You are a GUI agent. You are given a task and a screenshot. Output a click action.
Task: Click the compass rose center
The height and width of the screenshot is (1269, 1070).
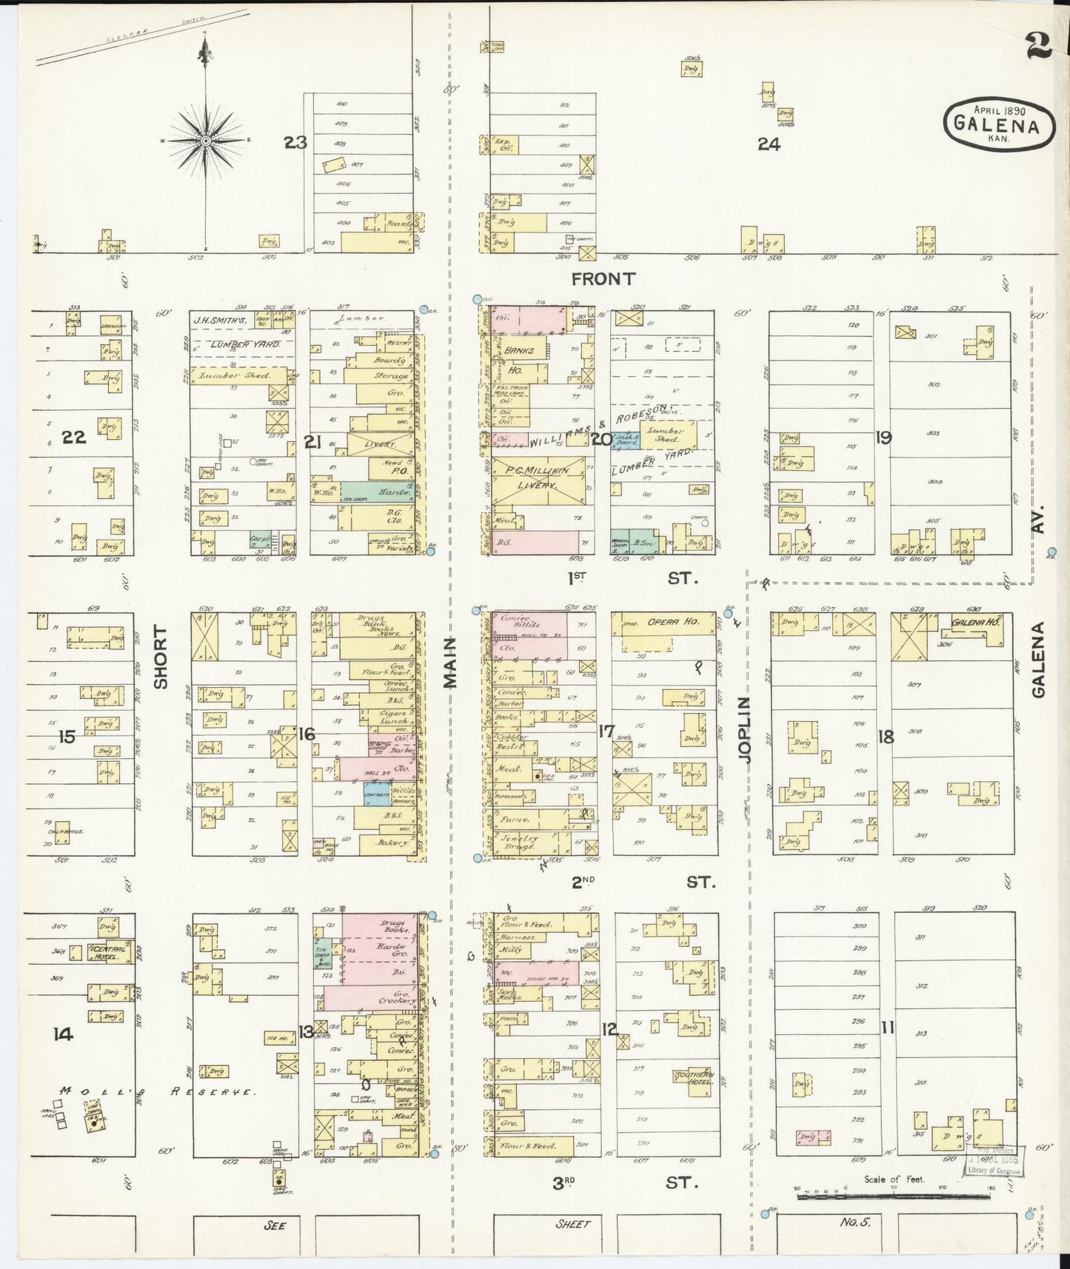tap(206, 140)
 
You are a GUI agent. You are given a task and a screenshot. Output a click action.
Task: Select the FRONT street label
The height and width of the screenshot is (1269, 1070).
tap(603, 279)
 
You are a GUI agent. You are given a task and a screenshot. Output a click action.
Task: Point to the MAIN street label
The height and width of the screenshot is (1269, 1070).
tap(452, 664)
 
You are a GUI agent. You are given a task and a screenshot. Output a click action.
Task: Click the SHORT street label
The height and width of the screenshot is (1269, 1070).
tap(161, 657)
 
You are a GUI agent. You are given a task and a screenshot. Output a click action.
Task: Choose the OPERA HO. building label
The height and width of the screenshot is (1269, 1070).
tap(673, 622)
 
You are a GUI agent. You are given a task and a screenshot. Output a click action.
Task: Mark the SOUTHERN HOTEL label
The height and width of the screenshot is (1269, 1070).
tap(695, 1078)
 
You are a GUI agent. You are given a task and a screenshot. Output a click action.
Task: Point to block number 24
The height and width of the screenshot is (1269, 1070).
tap(769, 145)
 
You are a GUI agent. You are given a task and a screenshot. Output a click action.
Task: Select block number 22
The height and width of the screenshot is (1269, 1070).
tap(74, 437)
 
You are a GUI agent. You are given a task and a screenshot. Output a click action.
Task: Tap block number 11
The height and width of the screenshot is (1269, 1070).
tap(887, 1027)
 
